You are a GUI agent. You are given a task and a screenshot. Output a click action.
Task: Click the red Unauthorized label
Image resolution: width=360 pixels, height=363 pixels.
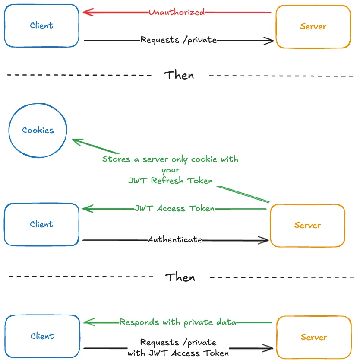[x=177, y=12]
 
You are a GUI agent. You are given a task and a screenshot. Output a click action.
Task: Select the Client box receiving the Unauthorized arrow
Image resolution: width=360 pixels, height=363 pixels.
[x=42, y=25]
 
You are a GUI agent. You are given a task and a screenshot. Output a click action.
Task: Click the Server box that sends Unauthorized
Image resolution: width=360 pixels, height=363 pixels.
[x=313, y=26]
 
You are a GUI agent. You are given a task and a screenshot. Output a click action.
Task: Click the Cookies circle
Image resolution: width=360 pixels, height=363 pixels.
[x=38, y=130]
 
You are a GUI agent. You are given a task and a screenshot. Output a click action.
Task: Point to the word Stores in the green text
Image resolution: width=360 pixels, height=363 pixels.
[x=116, y=159]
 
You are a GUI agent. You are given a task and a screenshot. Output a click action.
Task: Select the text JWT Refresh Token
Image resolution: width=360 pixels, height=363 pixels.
[x=171, y=181]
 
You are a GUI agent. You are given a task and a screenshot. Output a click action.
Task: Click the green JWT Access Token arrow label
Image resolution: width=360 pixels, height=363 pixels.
[x=174, y=208]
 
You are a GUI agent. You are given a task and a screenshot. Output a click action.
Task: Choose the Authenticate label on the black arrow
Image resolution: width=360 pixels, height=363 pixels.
[x=175, y=239]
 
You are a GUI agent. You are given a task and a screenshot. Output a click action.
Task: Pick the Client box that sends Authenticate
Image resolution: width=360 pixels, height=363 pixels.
[x=42, y=224]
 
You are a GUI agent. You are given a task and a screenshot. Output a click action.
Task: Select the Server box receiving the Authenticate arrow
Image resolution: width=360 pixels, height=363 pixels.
[x=307, y=225]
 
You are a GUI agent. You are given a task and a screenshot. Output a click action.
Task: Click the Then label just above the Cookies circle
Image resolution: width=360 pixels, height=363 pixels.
[x=179, y=75]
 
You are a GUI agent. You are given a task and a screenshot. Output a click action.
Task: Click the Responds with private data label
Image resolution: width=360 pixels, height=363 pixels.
[x=177, y=322]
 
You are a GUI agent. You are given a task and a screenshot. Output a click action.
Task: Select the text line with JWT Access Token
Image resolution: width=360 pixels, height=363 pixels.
[x=178, y=353]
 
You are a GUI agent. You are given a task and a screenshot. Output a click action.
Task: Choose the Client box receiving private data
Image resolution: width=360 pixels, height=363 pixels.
[x=42, y=336]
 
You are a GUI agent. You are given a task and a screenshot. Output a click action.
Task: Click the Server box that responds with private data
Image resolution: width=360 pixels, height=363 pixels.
[x=313, y=337]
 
